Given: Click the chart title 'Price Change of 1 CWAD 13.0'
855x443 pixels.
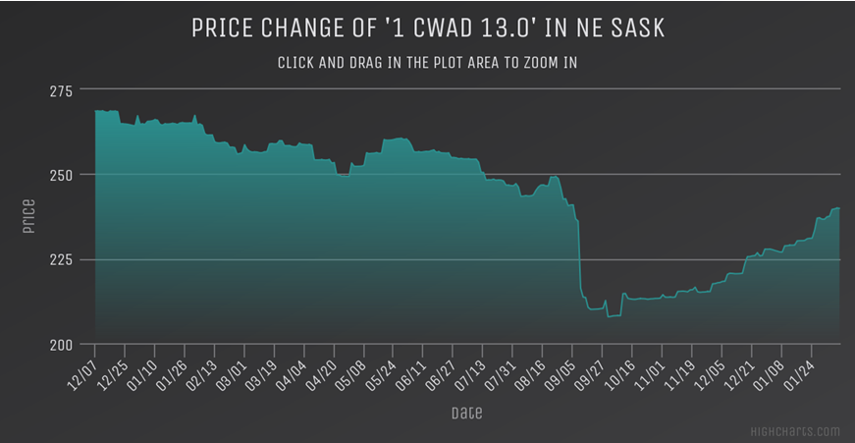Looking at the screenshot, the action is tap(428, 28).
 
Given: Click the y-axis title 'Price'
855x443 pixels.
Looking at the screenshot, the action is tap(28, 217).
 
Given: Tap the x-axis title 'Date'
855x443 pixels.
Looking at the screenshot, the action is tap(466, 413).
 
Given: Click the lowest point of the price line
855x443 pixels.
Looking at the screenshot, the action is tap(609, 316).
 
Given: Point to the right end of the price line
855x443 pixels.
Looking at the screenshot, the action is tap(839, 208).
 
